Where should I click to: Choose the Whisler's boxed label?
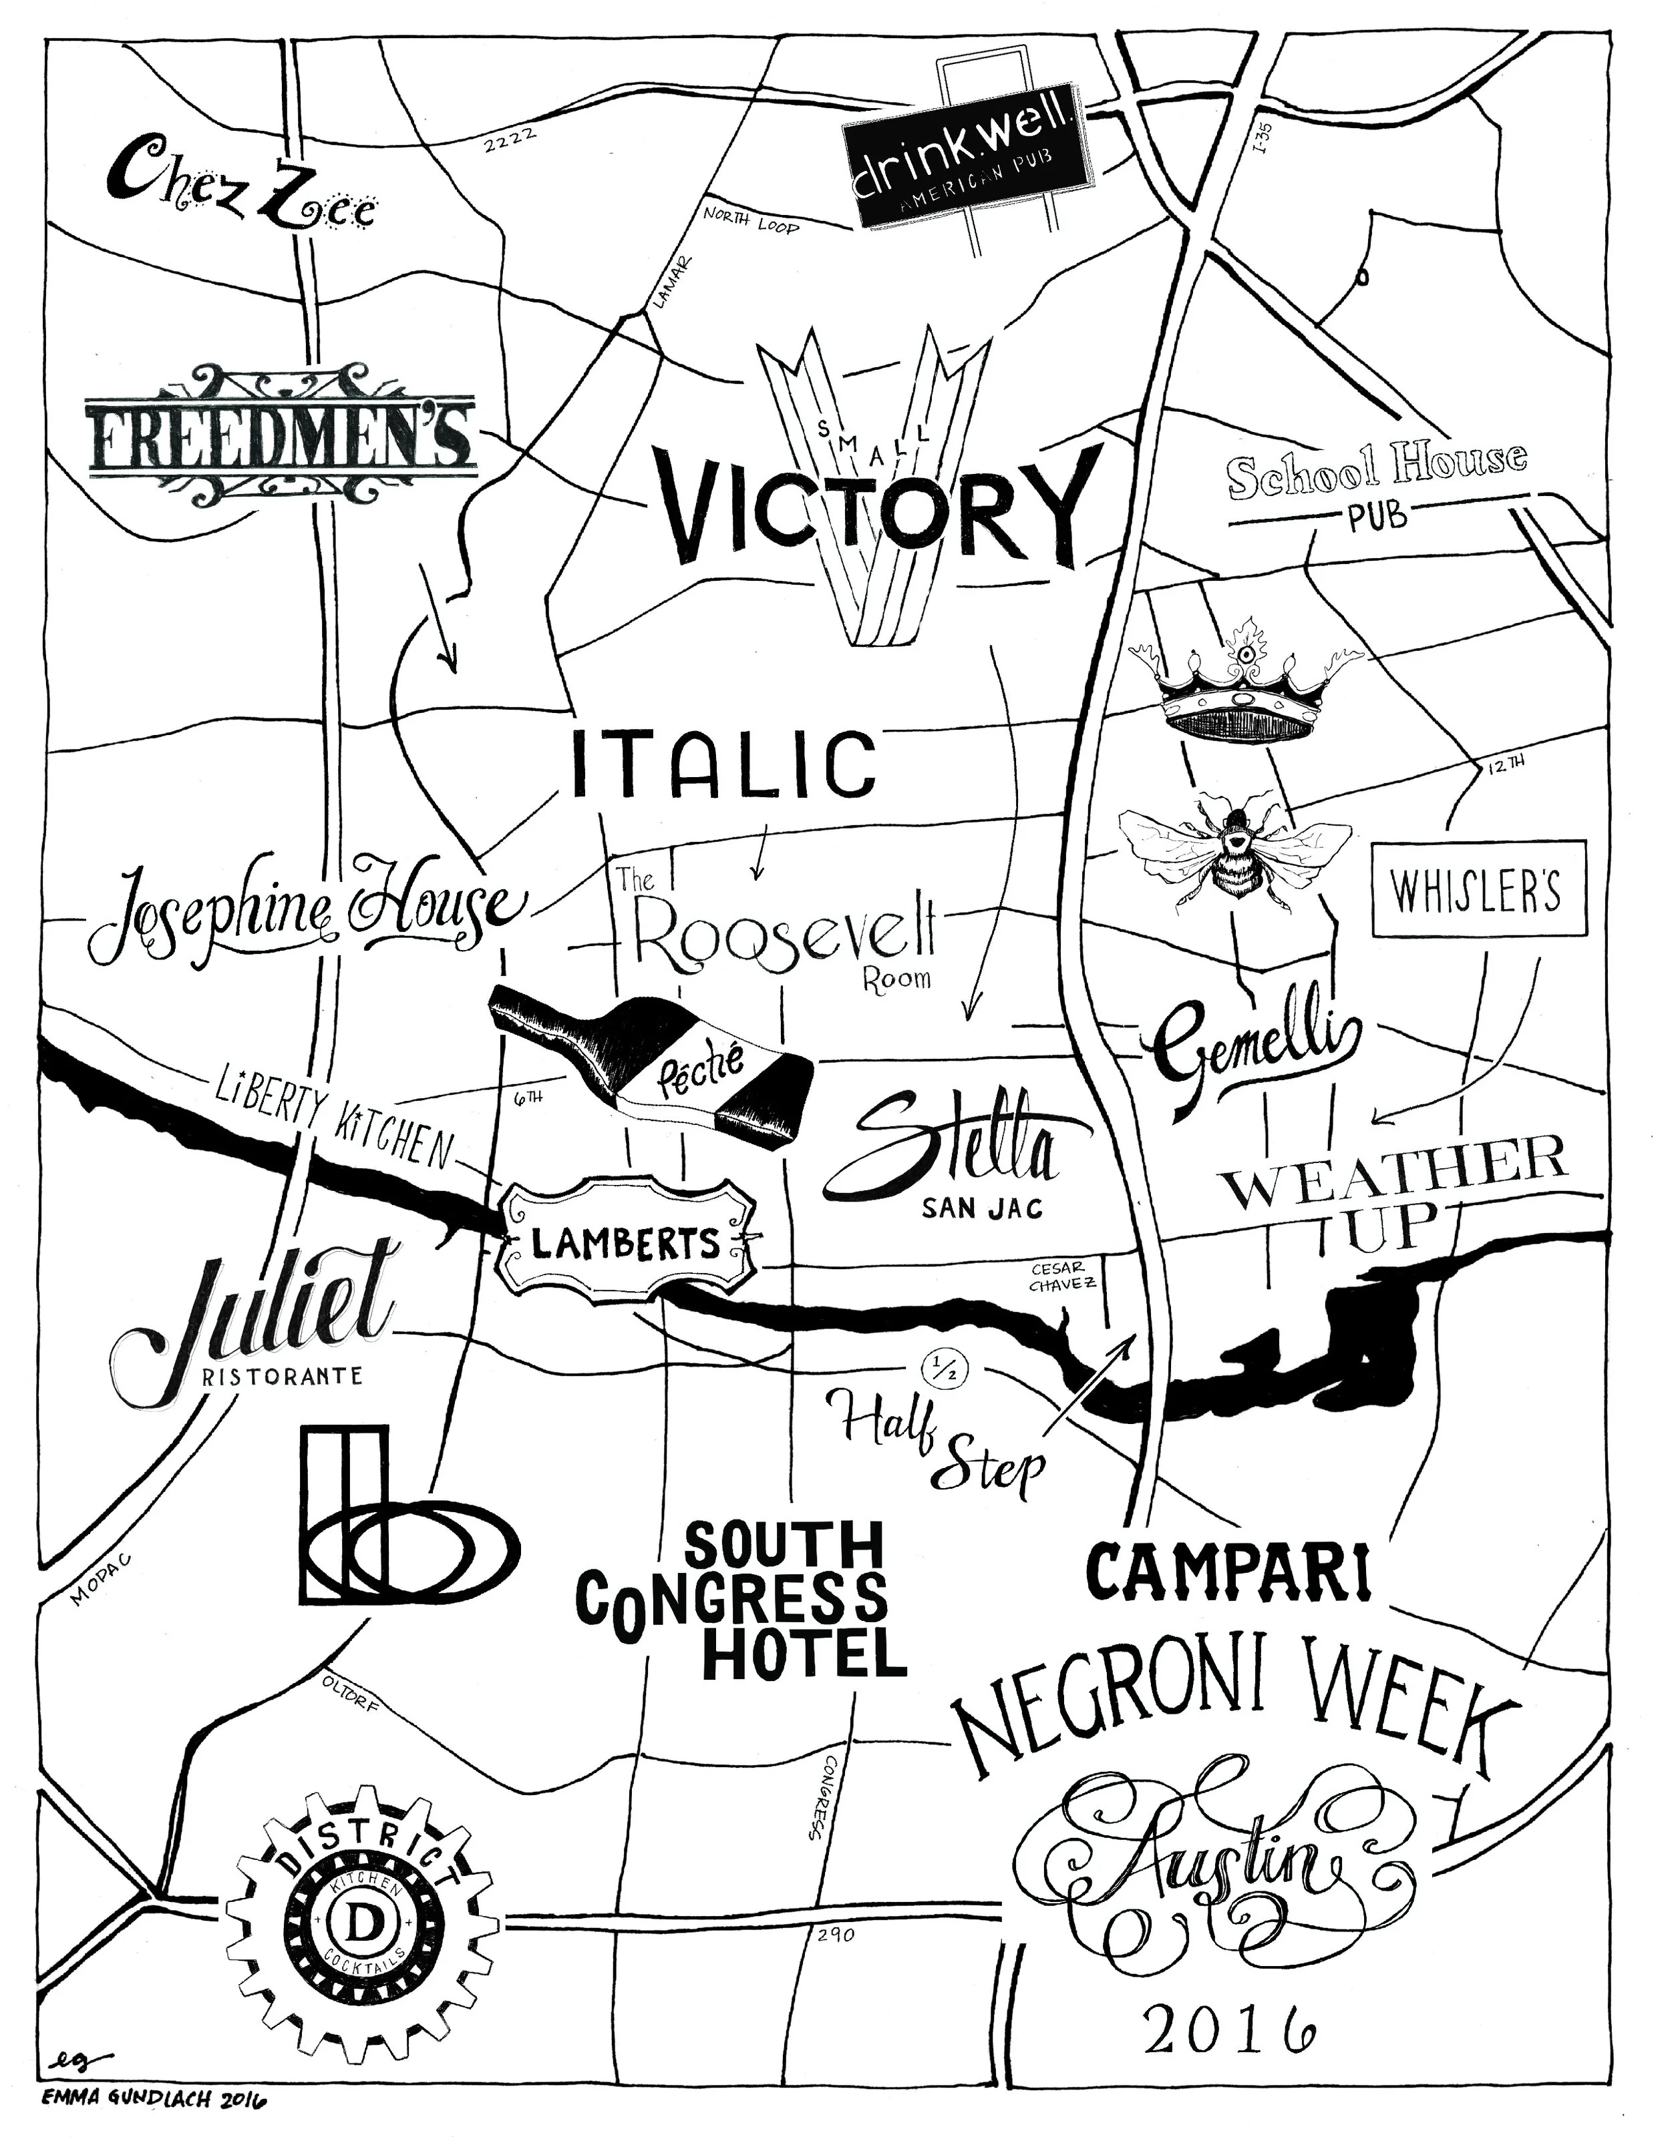point(1478,889)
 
